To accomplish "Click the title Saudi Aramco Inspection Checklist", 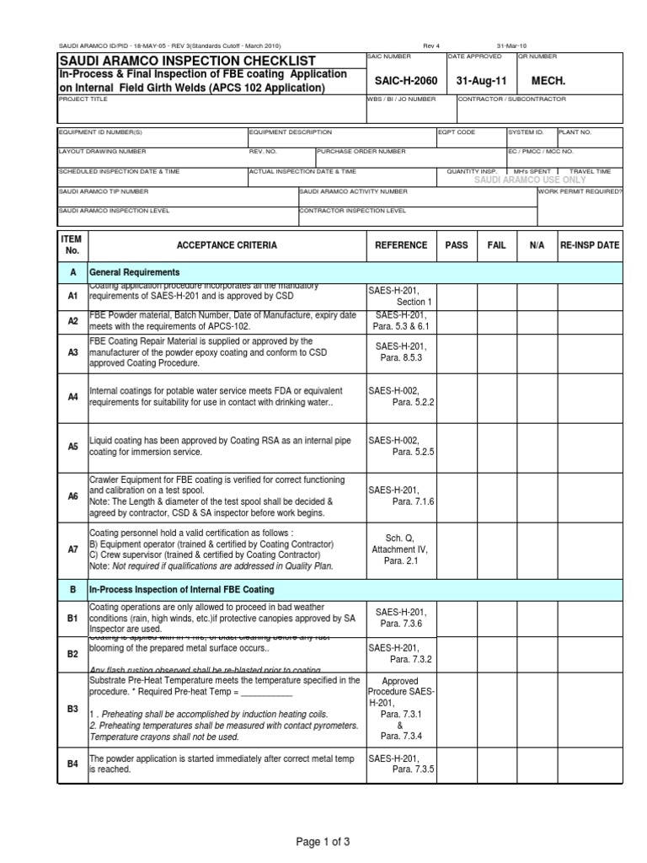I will [x=187, y=61].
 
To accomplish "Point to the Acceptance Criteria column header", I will [x=227, y=245].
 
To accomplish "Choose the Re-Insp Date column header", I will [x=590, y=245].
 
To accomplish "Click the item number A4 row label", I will [x=72, y=396].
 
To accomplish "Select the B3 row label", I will [x=72, y=710].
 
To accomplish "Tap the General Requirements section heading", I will [x=135, y=273].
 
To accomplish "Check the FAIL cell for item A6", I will [x=497, y=496].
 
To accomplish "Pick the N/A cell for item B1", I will [x=537, y=618].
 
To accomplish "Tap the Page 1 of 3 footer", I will [x=323, y=842].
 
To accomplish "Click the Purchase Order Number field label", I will [x=361, y=152].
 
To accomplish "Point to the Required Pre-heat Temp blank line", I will [x=262, y=693].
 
